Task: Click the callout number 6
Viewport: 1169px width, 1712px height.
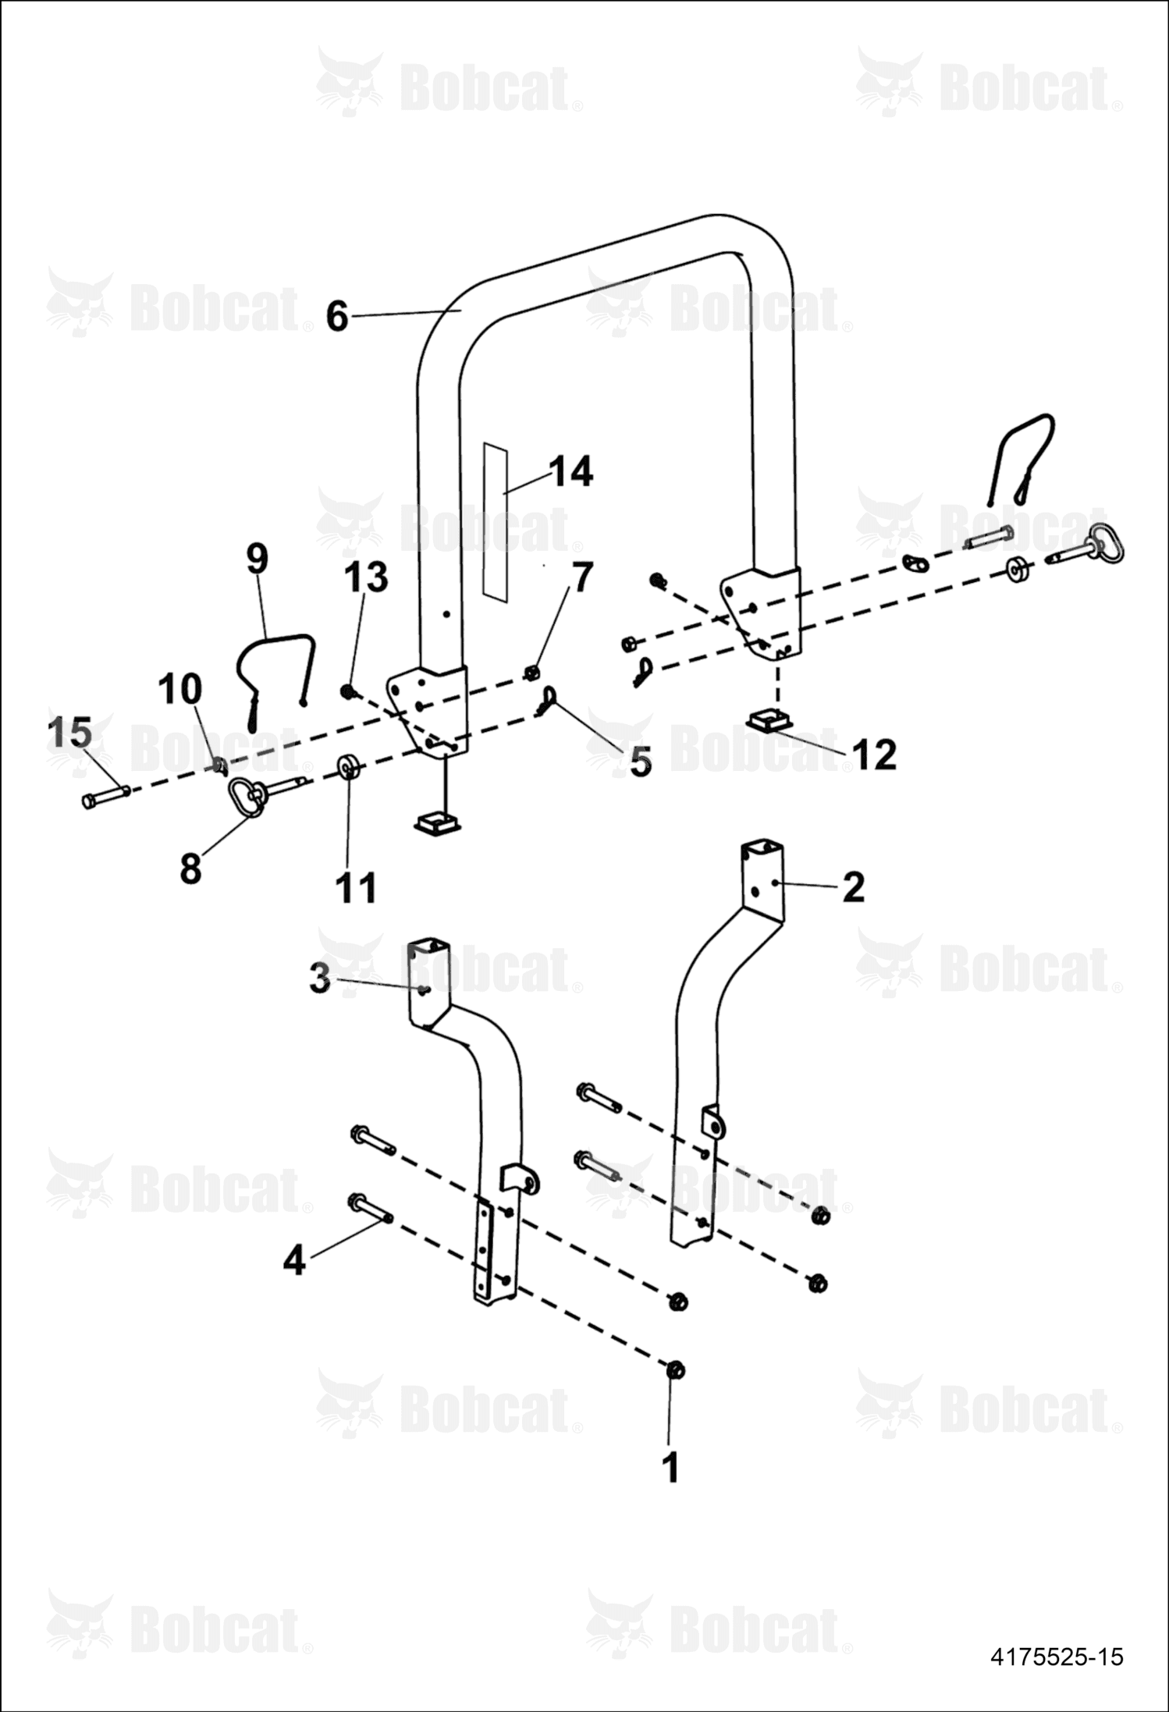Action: tap(336, 316)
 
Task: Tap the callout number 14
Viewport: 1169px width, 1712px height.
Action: tap(570, 472)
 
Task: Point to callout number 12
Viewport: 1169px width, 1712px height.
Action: tap(875, 755)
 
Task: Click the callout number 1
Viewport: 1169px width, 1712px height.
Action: tap(670, 1467)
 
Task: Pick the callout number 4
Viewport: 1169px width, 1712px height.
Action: tap(293, 1260)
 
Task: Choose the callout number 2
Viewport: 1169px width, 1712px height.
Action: tap(854, 887)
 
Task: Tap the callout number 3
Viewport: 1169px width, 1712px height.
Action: tap(320, 979)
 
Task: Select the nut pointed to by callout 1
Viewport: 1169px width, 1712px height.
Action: tap(675, 1369)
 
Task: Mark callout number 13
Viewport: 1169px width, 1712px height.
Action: tap(366, 577)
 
